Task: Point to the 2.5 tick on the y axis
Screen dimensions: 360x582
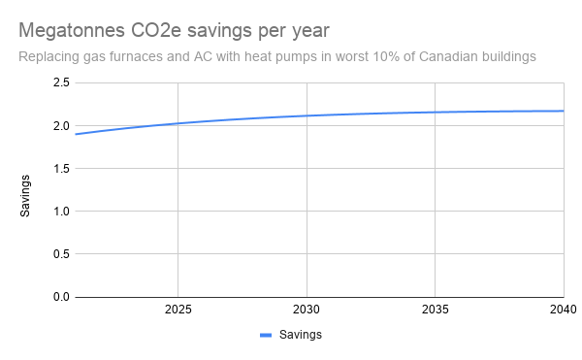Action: (60, 83)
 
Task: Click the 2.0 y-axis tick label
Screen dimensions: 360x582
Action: (60, 126)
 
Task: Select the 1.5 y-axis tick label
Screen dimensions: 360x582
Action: (60, 169)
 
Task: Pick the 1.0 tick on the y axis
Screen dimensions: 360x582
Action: (60, 212)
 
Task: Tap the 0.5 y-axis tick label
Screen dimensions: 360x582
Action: (60, 254)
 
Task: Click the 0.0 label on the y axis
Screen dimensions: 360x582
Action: (60, 297)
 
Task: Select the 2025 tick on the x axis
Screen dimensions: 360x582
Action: (178, 311)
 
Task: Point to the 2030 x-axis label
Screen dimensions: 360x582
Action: (307, 311)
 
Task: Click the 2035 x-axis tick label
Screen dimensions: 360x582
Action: (436, 311)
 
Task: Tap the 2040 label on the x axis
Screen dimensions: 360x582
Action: (563, 311)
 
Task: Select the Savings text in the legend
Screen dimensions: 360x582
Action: (300, 335)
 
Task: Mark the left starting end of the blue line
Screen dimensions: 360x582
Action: (76, 134)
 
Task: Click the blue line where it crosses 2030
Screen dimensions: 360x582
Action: (307, 115)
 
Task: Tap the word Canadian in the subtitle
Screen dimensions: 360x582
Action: (422, 56)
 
